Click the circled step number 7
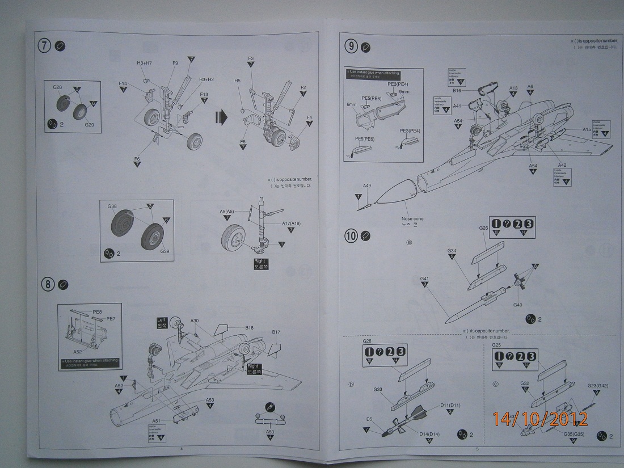tap(45, 47)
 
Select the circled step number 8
tap(46, 284)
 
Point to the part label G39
tap(165, 251)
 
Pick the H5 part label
tap(238, 81)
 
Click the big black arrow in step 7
tap(221, 117)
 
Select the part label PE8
tap(97, 312)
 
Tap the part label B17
tap(276, 332)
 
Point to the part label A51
tap(156, 420)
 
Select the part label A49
tap(367, 186)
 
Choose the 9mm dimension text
tap(404, 91)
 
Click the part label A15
tap(587, 129)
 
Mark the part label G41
tap(424, 279)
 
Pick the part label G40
tap(517, 305)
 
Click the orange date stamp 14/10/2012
tap(540, 419)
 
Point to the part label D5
tap(369, 420)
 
